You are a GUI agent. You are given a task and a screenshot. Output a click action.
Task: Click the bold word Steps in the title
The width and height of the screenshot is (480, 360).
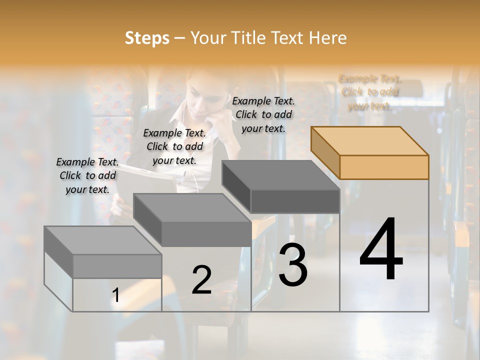(x=147, y=38)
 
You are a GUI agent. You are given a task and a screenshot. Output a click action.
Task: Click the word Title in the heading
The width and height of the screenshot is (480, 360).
(x=248, y=38)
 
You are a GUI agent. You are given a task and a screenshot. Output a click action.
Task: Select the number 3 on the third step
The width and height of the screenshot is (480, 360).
(x=293, y=264)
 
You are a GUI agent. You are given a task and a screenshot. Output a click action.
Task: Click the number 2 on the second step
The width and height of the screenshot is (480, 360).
(x=201, y=279)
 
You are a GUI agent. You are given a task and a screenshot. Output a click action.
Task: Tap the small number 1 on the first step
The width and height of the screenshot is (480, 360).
(x=116, y=295)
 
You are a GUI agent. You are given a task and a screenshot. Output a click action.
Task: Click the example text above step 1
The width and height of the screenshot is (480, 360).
(x=87, y=175)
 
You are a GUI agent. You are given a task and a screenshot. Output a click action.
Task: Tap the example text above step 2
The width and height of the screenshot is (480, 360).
(x=174, y=146)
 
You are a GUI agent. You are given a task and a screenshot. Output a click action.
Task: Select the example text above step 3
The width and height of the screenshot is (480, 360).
(x=263, y=114)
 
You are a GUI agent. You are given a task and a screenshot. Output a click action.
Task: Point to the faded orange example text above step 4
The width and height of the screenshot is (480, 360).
(x=369, y=92)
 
